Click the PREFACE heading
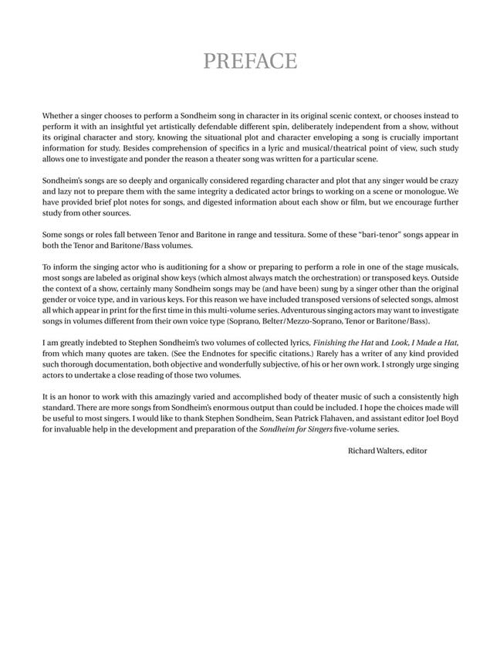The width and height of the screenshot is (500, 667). click(x=250, y=61)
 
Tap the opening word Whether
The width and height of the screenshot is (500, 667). click(x=59, y=115)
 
